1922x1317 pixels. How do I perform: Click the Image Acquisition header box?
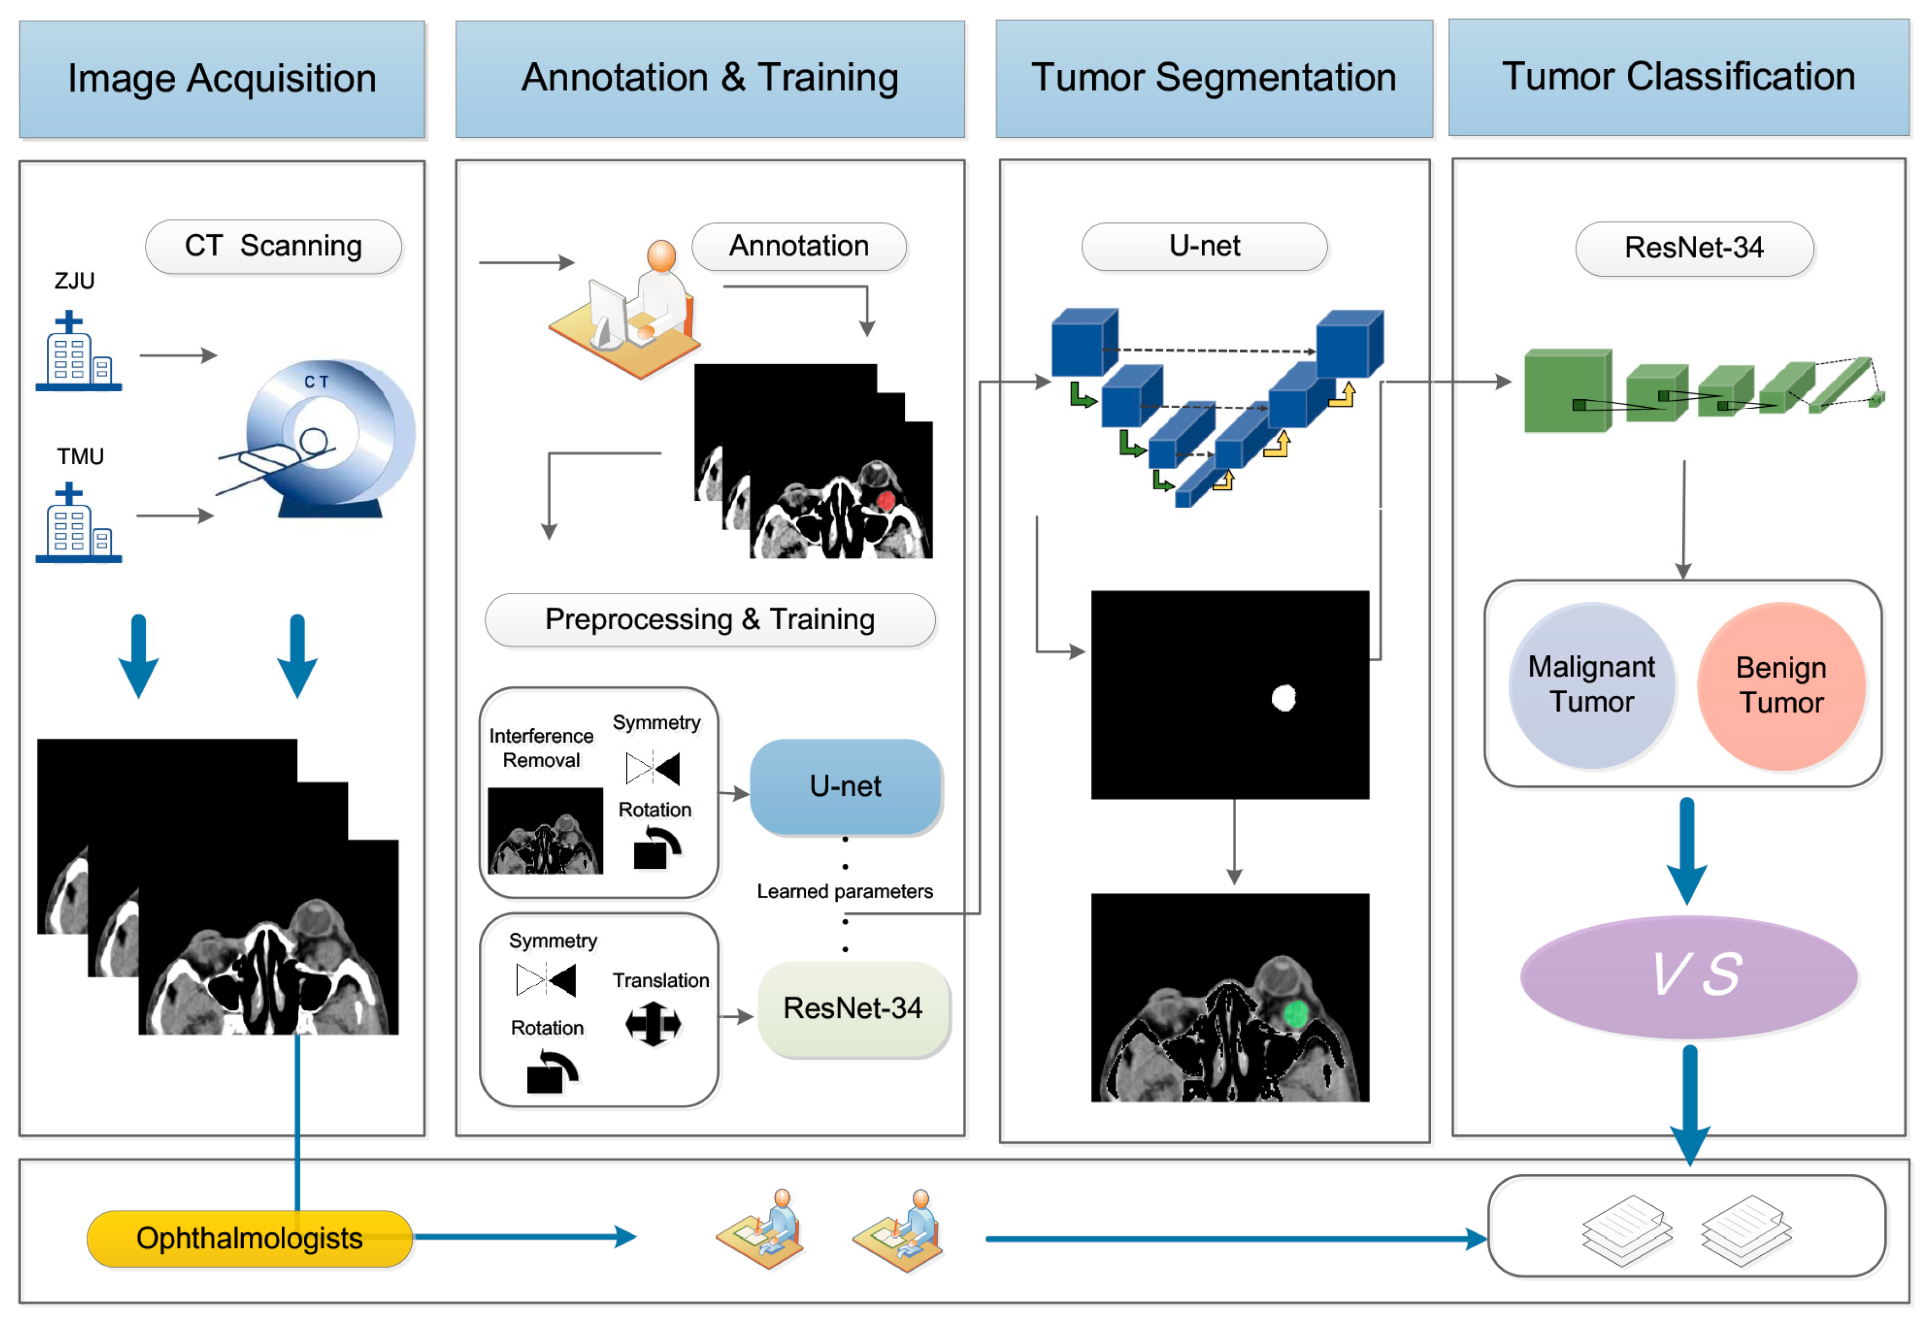point(222,79)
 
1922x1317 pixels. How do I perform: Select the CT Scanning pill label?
point(273,246)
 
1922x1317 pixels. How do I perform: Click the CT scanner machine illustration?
point(326,438)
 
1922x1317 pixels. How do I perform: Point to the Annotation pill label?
point(798,246)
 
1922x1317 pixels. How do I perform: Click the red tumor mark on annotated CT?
point(886,500)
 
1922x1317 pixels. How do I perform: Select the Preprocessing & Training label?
point(709,620)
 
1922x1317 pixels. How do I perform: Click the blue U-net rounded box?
point(845,786)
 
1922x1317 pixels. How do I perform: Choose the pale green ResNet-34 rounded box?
point(853,1009)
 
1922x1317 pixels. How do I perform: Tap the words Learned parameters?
point(845,891)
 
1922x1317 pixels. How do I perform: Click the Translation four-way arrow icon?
point(653,1024)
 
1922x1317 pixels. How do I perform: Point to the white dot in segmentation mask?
point(1283,698)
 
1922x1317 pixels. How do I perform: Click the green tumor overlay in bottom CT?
point(1295,1012)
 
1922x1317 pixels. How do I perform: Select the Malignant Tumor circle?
point(1591,685)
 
